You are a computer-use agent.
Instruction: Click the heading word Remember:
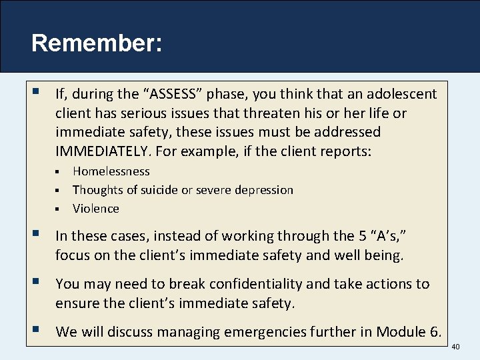click(x=96, y=43)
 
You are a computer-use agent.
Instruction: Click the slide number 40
click(x=456, y=346)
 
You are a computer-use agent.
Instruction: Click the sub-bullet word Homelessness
click(x=111, y=171)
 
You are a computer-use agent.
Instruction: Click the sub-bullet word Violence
click(x=96, y=209)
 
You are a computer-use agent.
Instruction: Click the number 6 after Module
click(x=437, y=331)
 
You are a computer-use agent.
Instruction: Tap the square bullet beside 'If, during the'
click(x=36, y=93)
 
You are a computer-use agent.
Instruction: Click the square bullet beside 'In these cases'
click(x=36, y=235)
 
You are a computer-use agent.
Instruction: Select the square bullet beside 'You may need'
click(x=36, y=283)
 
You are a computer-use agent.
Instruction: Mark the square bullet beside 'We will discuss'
click(x=36, y=330)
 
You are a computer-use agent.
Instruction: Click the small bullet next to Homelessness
click(x=58, y=172)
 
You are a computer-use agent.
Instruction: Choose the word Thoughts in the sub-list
click(x=97, y=190)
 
